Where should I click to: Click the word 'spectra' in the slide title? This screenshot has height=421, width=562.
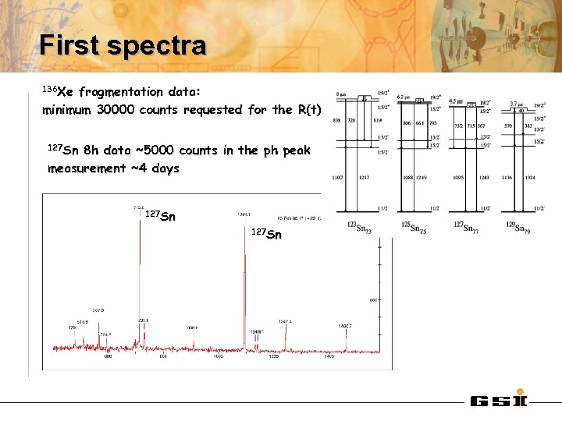156,45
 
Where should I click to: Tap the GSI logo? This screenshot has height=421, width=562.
499,402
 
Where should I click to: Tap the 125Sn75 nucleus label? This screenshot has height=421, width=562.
410,227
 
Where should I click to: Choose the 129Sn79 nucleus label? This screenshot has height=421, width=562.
516,227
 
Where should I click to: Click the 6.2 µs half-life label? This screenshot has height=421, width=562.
404,97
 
